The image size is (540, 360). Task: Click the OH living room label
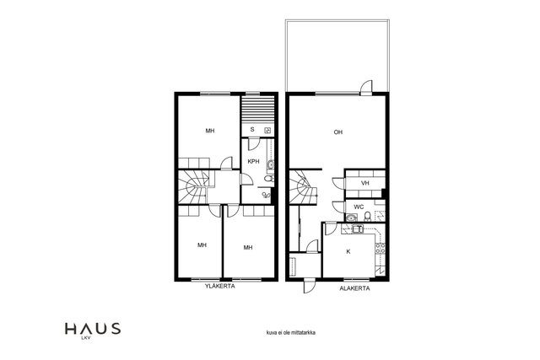[338, 132]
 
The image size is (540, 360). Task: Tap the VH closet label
[365, 183]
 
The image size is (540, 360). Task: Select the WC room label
[359, 207]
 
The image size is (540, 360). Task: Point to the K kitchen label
[348, 252]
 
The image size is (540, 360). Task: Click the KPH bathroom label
[253, 161]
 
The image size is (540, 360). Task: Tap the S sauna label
[252, 130]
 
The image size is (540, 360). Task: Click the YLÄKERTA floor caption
[220, 286]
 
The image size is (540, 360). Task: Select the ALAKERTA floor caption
[354, 288]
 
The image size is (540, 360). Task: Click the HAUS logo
[93, 330]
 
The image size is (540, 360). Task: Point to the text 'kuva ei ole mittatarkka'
[291, 333]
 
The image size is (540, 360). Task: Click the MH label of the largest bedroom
[210, 131]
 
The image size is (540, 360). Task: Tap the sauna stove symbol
[268, 131]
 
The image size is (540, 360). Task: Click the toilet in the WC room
[368, 216]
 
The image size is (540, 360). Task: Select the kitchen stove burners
[381, 248]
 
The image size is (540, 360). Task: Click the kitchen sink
[357, 228]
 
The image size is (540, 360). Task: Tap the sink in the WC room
[351, 218]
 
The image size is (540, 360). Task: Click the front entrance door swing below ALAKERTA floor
[309, 286]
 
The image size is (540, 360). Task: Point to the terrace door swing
[366, 88]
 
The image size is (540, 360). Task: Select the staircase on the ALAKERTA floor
[303, 187]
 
